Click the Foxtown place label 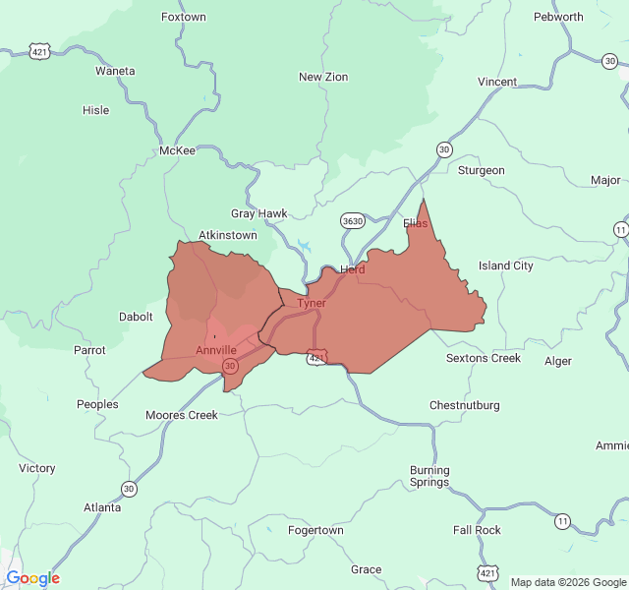[184, 18]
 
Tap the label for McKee [178, 150]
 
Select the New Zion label [323, 77]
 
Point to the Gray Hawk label [259, 213]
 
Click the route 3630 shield [352, 220]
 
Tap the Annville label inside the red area [216, 350]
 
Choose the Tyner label [312, 303]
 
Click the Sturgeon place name [482, 170]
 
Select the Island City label [506, 265]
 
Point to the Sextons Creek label [484, 358]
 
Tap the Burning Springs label [429, 476]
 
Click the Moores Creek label [182, 415]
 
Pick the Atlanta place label [102, 507]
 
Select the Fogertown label [315, 530]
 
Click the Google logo [33, 578]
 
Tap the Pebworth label [558, 17]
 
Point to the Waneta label [115, 71]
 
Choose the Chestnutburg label [465, 405]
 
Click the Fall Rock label [477, 530]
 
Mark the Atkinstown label [228, 235]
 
